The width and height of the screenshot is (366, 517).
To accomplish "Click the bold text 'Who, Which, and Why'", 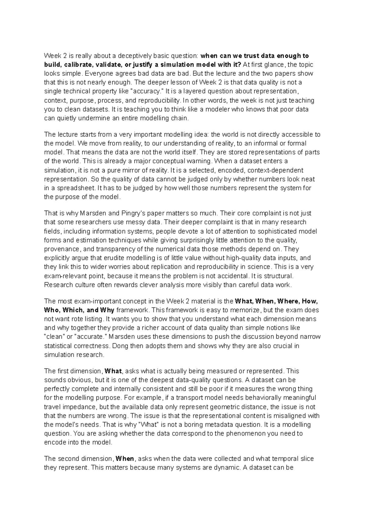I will [79, 310].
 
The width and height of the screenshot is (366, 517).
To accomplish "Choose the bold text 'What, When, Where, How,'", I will [276, 301].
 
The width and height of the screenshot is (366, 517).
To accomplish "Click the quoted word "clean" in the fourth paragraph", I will [54, 337].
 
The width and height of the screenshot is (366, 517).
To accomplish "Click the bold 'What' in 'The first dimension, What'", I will [113, 371].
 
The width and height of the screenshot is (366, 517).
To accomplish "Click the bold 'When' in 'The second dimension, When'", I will [125, 459].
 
